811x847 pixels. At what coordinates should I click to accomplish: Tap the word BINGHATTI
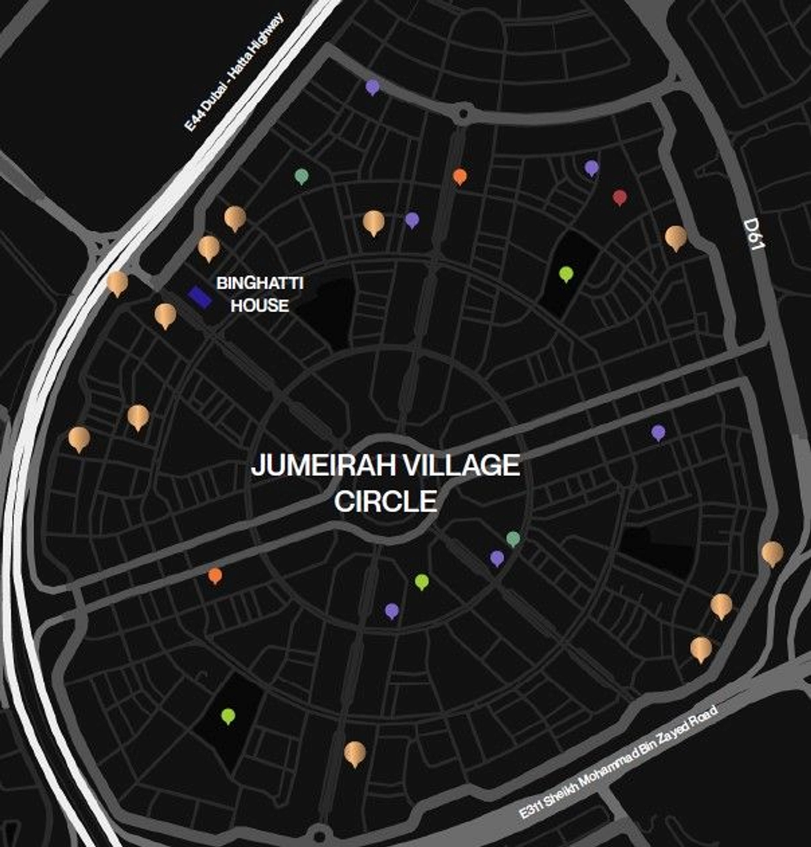260,283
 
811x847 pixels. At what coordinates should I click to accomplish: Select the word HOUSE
260,305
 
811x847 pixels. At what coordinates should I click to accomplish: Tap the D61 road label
754,234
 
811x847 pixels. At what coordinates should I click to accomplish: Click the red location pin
619,197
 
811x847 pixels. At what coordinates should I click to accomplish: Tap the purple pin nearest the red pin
591,168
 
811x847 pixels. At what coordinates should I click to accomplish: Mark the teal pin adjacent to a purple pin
513,538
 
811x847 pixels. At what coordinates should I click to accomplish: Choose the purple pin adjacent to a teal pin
497,558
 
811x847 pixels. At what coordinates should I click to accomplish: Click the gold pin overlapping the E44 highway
117,283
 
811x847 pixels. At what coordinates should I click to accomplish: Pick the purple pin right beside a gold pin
412,220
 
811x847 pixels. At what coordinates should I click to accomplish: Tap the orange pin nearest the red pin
460,176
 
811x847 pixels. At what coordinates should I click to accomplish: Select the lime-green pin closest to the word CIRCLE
422,581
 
